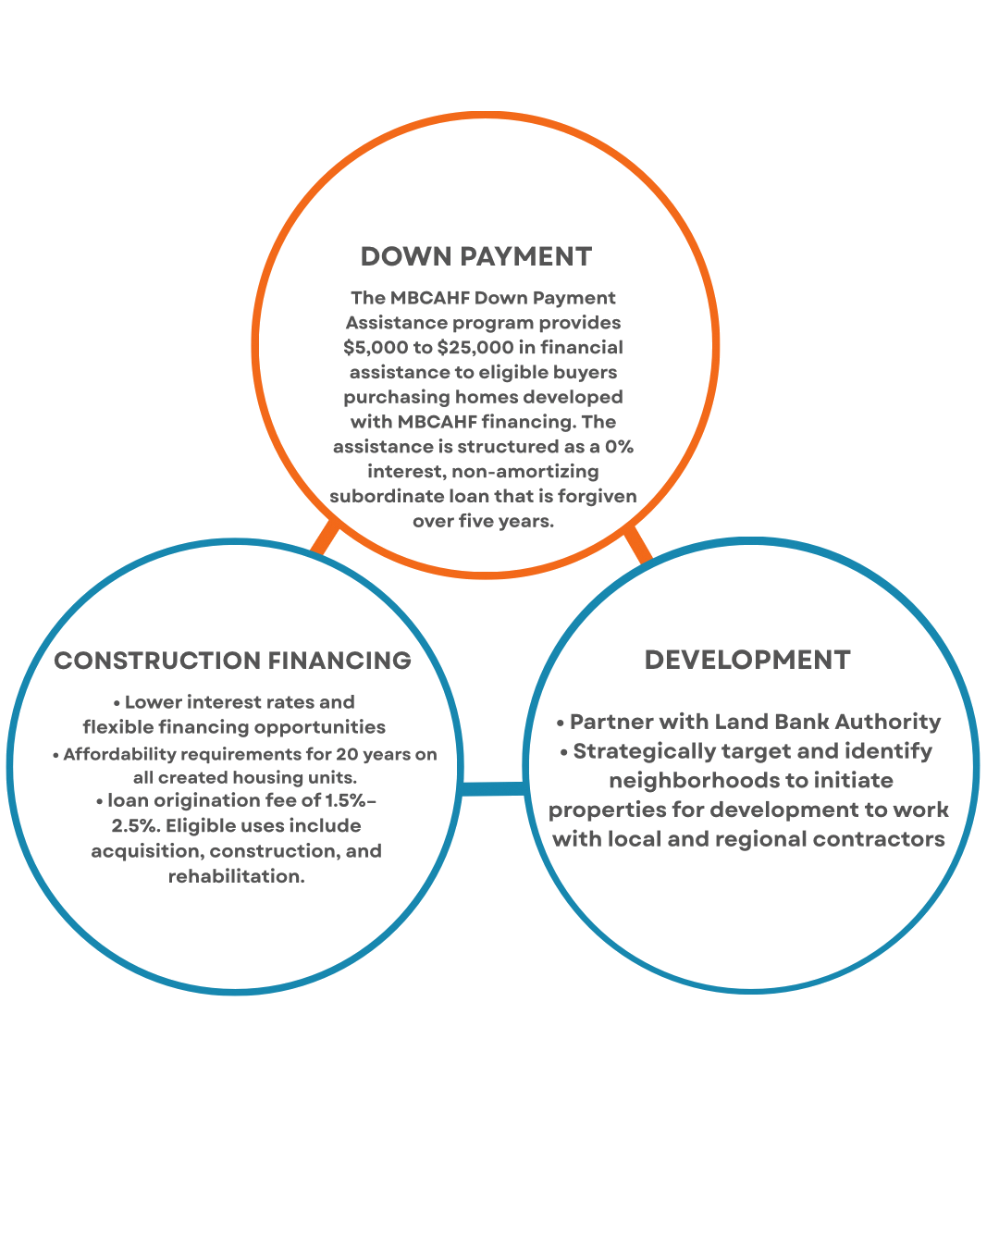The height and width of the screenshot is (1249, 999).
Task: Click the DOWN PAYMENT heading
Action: pos(475,256)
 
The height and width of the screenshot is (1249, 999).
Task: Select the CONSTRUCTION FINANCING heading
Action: pos(232,660)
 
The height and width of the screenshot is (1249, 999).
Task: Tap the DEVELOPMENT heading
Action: pos(746,659)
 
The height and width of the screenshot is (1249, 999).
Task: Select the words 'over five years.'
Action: pos(483,521)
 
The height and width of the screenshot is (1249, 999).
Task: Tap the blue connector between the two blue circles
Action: pos(492,788)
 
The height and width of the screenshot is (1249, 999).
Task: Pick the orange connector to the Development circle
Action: pos(637,543)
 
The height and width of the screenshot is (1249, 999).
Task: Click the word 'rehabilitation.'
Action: pos(237,876)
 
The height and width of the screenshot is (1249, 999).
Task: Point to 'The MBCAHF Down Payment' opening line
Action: pos(483,298)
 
